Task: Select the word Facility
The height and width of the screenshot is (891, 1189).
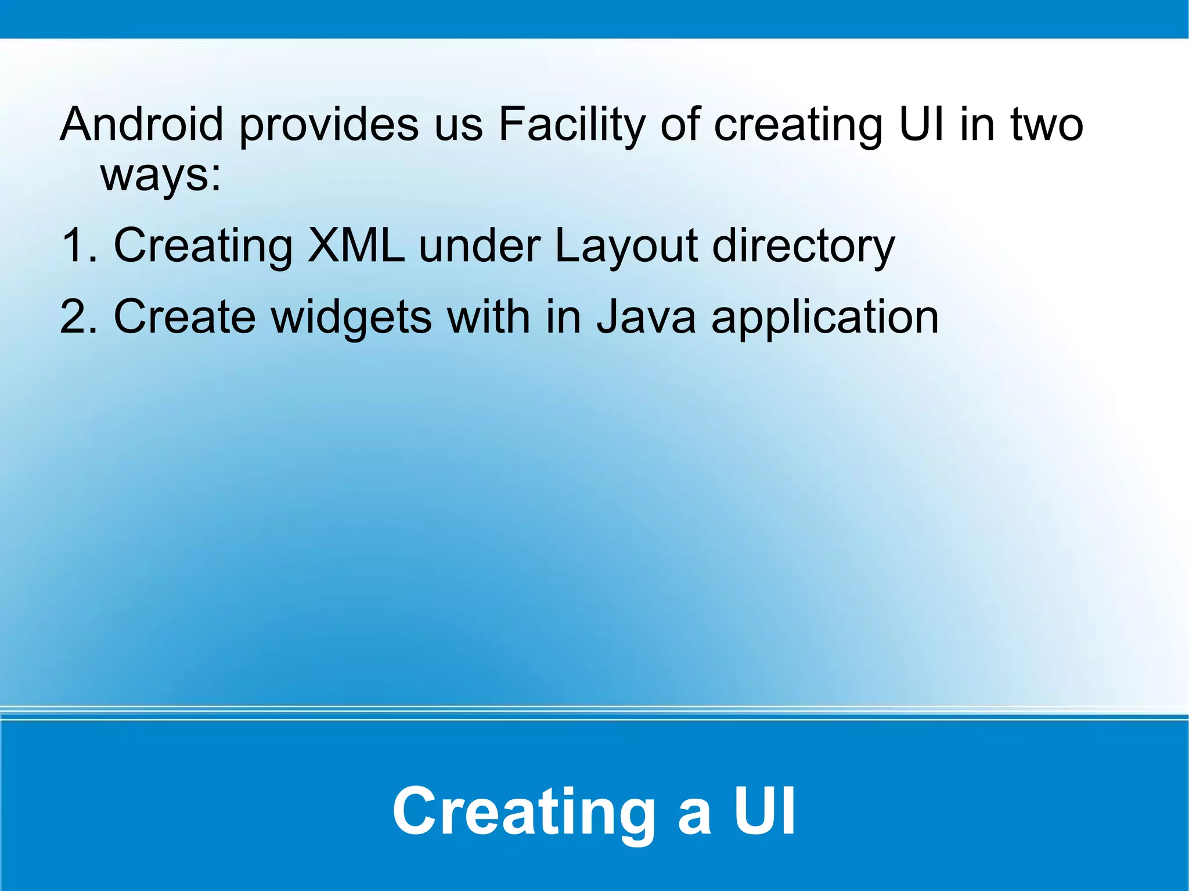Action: pos(572,125)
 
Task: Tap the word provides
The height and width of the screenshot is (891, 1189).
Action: pos(329,125)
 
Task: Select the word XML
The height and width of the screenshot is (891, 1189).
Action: pos(356,246)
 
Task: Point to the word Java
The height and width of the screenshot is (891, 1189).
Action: pos(646,317)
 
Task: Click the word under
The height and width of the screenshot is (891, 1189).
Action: pos(479,246)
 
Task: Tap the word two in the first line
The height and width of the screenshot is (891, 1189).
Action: pos(1047,125)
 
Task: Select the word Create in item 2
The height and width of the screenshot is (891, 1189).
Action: pos(185,317)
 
